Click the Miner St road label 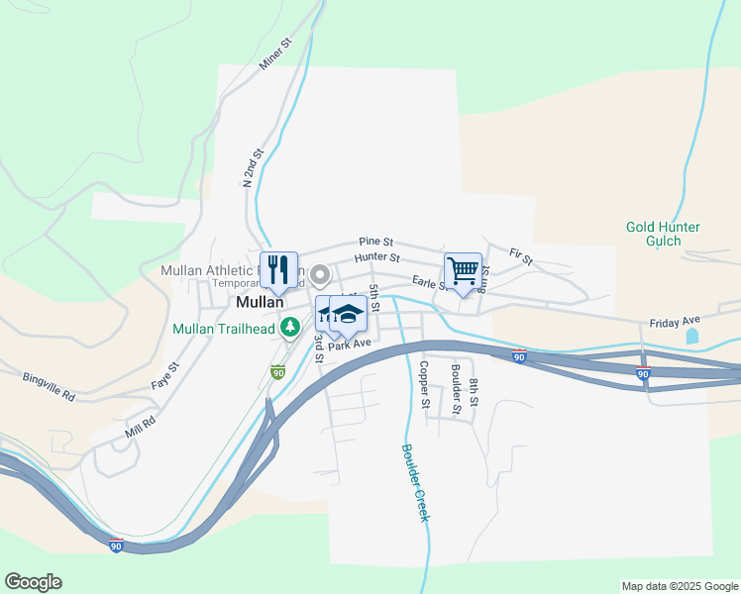[276, 54]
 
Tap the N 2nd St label [255, 168]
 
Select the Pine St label [376, 242]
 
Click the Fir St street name [521, 257]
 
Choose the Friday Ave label [675, 323]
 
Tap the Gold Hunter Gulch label [663, 234]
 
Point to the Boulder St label [456, 388]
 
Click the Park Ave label [349, 344]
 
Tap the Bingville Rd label [49, 386]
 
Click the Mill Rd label [142, 426]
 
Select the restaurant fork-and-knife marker [278, 267]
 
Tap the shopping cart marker [463, 269]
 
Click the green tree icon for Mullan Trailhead [290, 326]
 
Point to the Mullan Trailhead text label [224, 329]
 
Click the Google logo [33, 582]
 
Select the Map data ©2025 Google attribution [679, 586]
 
